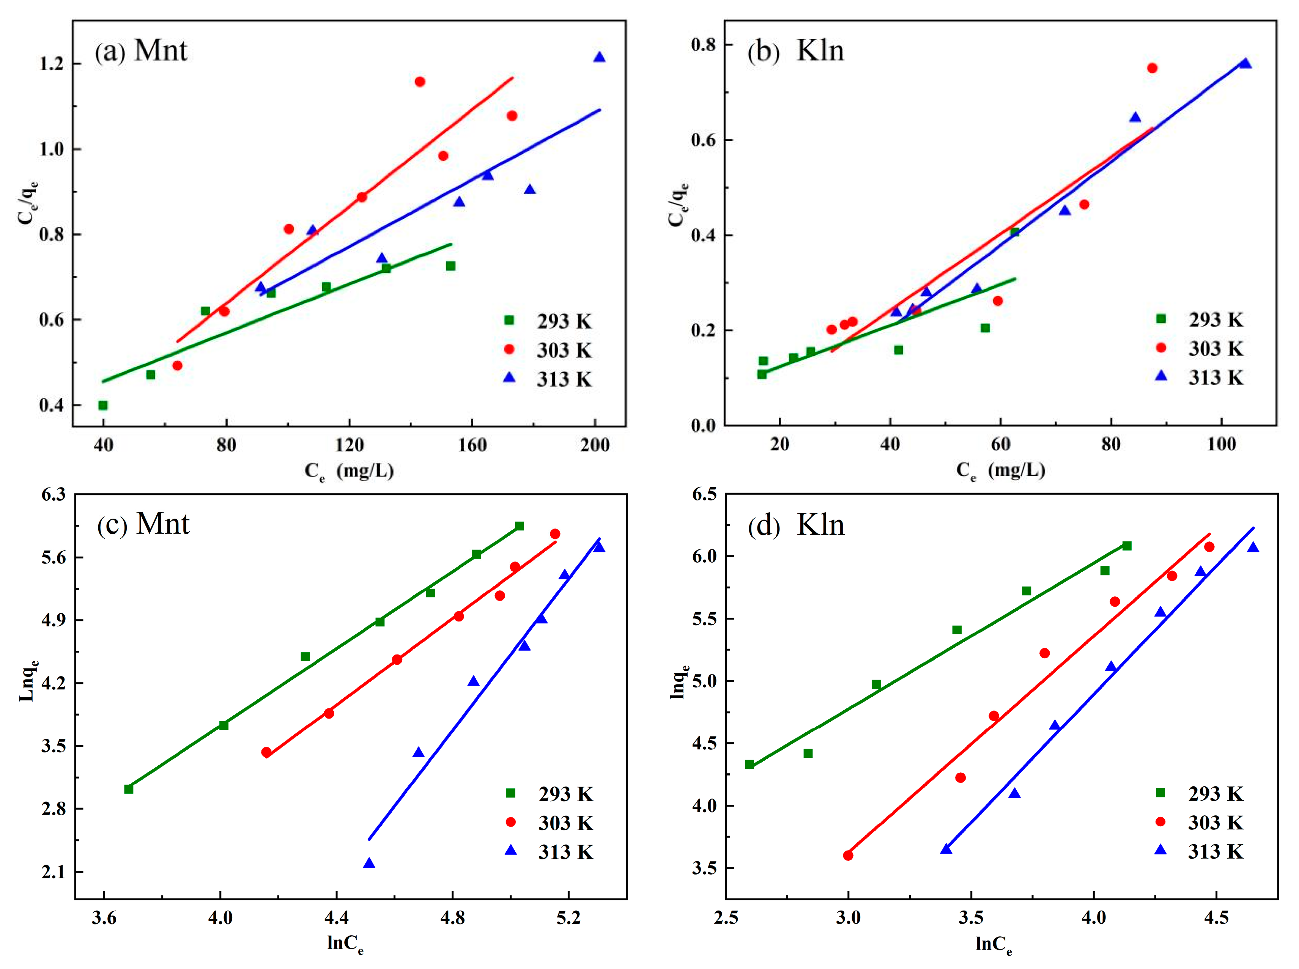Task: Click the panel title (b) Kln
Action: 795,51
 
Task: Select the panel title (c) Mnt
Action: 143,524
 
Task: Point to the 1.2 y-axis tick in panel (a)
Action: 52,63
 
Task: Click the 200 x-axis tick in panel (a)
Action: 595,445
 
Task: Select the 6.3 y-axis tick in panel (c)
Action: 54,494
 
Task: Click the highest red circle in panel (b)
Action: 1152,68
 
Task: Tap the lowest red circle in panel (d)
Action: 848,855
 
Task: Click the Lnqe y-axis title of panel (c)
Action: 28,680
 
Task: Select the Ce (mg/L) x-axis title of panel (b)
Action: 1000,470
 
